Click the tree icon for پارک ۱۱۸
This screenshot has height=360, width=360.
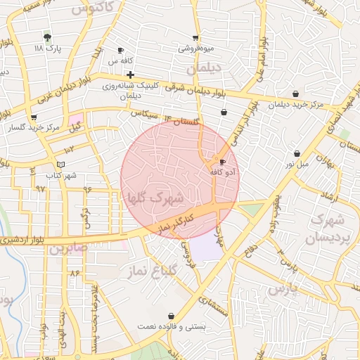click(x=47, y=36)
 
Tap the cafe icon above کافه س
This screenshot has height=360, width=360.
click(x=120, y=50)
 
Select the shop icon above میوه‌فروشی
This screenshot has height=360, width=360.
click(x=195, y=37)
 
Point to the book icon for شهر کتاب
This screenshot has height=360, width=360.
click(x=60, y=164)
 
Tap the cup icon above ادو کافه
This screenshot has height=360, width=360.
click(x=223, y=161)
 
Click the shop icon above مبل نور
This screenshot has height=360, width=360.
click(x=297, y=153)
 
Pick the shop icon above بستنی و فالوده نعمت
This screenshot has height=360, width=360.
click(x=172, y=316)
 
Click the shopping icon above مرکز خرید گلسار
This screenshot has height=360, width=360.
click(x=33, y=117)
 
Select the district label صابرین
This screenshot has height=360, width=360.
click(x=70, y=248)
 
